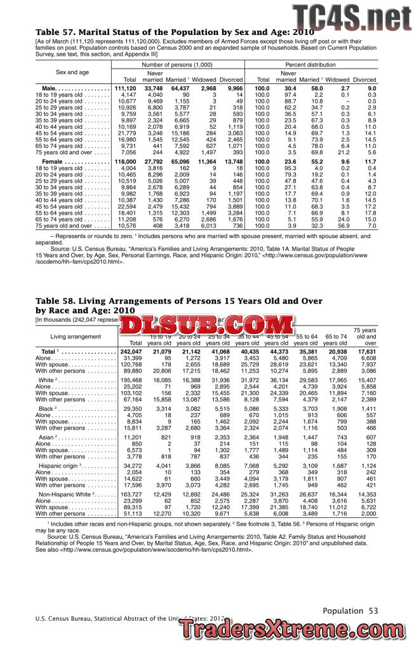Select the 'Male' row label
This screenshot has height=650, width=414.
coord(50,88)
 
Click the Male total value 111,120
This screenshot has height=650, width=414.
coord(126,88)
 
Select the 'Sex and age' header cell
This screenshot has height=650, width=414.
coord(72,72)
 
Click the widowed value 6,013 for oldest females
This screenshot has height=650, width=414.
coord(208,225)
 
